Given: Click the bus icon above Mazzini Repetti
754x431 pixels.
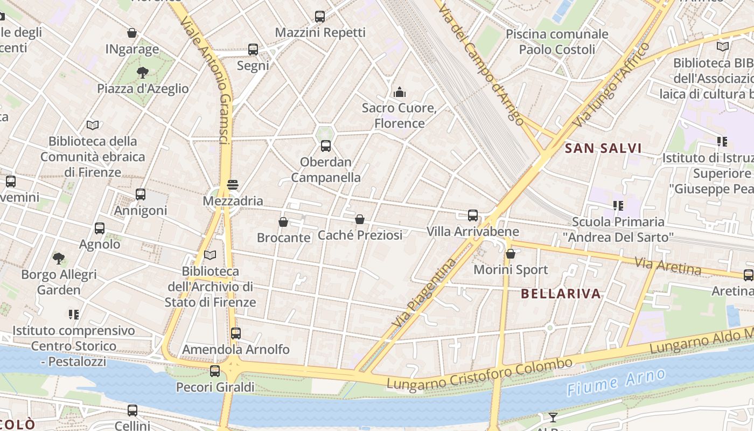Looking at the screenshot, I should (320, 17).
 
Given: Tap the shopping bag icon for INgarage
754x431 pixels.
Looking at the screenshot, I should (132, 33).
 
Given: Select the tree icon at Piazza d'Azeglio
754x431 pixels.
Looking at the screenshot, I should (143, 72).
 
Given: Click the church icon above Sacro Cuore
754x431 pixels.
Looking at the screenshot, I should (399, 92).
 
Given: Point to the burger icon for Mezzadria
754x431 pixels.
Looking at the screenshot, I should (233, 185).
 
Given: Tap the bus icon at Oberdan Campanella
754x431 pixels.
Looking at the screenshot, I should (326, 145).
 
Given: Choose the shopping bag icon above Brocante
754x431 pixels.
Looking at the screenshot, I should (283, 221).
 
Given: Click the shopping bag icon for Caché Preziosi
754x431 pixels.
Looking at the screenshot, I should (360, 219).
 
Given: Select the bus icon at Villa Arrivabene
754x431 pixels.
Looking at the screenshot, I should (473, 215).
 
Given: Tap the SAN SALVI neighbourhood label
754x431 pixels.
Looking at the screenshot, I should (603, 148).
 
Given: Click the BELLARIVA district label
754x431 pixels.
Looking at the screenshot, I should (561, 294).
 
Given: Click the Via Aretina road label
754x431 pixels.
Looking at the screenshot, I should (668, 266).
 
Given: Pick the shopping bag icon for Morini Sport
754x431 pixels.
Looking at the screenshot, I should (511, 254).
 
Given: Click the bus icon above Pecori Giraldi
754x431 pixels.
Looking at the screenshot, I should (215, 371).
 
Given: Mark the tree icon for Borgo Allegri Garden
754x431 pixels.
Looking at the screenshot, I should (59, 259).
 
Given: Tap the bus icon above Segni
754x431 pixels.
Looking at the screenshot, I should (253, 50).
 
